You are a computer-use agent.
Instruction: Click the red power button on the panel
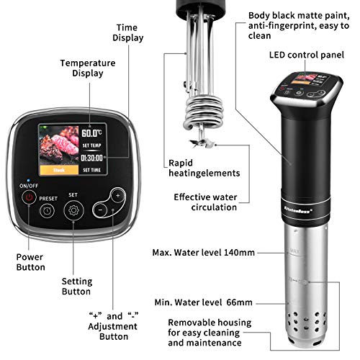[29, 196]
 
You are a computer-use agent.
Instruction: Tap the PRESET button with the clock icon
[47, 211]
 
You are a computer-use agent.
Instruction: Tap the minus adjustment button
[102, 209]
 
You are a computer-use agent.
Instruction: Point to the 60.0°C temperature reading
[91, 133]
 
